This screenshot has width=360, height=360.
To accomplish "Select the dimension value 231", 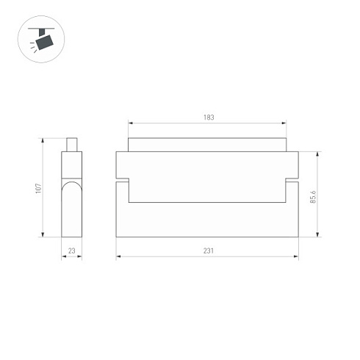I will click(208, 251).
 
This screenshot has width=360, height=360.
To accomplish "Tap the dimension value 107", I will click(38, 187).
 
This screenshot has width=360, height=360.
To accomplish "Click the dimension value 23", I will click(71, 251).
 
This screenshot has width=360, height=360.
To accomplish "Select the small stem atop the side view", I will click(71, 145).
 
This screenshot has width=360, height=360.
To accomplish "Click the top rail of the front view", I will click(208, 144).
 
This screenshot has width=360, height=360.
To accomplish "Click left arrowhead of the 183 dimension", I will click(130, 123).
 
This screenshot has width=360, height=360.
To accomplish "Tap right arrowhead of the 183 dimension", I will click(285, 123).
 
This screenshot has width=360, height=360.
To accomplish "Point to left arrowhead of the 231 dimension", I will click(118, 257).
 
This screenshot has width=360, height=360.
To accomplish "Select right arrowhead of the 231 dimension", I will click(297, 257).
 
